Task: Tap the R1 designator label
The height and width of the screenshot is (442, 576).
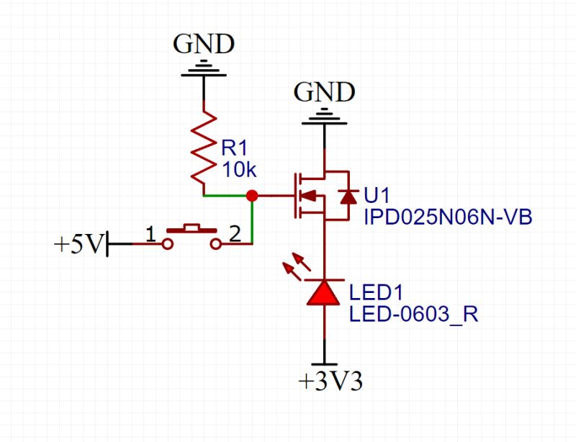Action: coord(234,148)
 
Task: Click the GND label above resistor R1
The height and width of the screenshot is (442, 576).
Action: coord(204,45)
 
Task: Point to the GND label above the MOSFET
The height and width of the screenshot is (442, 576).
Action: coord(324,92)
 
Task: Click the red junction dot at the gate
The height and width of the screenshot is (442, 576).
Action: coord(251,195)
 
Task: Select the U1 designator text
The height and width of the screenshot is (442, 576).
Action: coord(377,196)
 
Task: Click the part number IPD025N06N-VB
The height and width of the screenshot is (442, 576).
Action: coord(447,217)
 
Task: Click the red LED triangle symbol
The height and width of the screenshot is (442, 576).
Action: coord(324,292)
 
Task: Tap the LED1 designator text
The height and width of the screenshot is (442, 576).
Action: coord(375,294)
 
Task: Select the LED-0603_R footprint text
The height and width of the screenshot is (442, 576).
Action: coord(413,315)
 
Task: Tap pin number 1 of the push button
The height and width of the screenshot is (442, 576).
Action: coord(151,233)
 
